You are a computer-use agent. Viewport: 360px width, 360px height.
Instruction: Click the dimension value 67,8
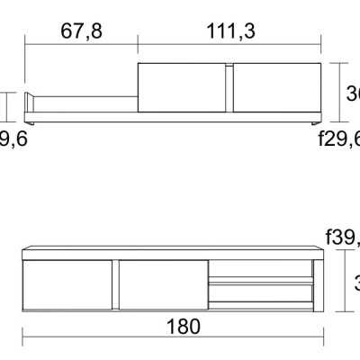click(x=81, y=32)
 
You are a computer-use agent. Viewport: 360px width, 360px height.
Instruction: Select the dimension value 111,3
click(x=230, y=32)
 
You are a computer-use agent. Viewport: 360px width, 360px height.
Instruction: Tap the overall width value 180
click(x=184, y=327)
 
